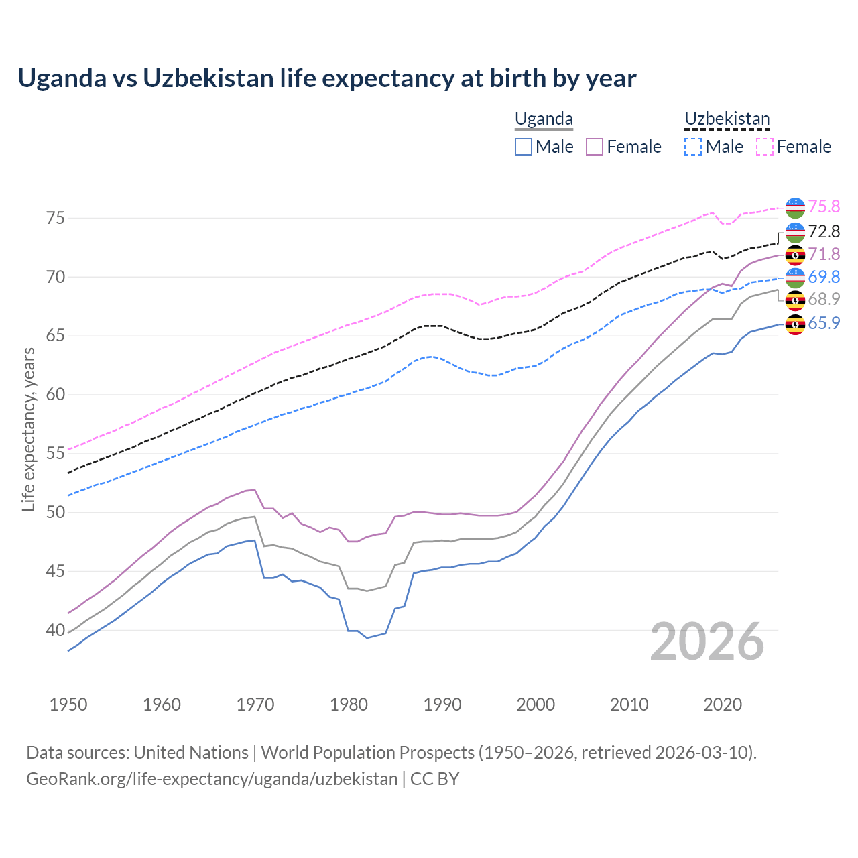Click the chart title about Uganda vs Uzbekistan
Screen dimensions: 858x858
click(x=326, y=78)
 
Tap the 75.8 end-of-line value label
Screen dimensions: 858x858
click(x=824, y=206)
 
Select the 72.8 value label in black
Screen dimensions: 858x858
click(x=824, y=231)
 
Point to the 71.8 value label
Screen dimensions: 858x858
click(x=824, y=254)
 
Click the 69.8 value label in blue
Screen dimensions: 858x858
click(x=824, y=277)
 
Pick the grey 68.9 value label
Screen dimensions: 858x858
click(x=824, y=299)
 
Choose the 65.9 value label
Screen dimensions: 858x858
click(x=824, y=323)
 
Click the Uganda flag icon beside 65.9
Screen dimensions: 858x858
click(x=795, y=324)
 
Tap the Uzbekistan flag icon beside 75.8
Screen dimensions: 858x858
click(x=795, y=208)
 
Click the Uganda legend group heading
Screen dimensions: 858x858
click(x=544, y=119)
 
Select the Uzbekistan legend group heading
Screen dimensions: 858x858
click(x=727, y=119)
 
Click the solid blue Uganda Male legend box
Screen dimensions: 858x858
click(x=524, y=147)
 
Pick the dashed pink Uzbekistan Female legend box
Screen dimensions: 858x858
click(x=765, y=147)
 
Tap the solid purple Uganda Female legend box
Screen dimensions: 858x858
click(x=595, y=147)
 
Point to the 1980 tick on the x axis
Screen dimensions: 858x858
click(x=349, y=704)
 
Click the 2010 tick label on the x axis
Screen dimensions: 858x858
click(x=629, y=704)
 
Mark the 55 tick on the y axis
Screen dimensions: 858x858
click(x=55, y=454)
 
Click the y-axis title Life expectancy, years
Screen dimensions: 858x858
click(x=29, y=429)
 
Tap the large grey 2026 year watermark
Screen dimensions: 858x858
click(x=707, y=641)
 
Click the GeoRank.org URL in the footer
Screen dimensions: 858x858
click(x=212, y=779)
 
